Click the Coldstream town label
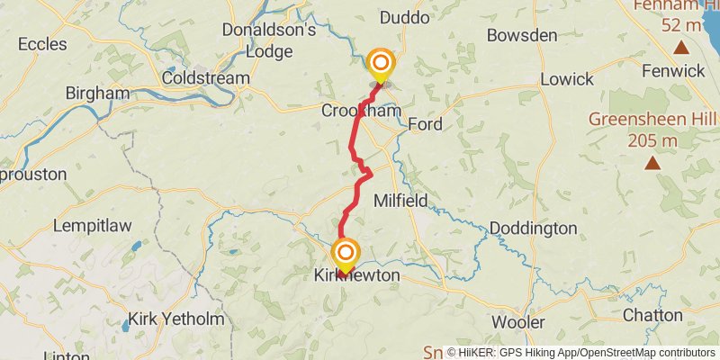click(205, 78)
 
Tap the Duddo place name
click(405, 17)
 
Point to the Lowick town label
click(567, 79)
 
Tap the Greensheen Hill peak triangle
click(651, 164)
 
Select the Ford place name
click(425, 124)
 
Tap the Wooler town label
click(518, 322)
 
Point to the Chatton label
click(653, 315)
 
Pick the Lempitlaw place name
click(94, 225)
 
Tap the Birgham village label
click(97, 93)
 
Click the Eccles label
click(42, 43)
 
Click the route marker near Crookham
click(381, 64)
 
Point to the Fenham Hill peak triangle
click(681, 49)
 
